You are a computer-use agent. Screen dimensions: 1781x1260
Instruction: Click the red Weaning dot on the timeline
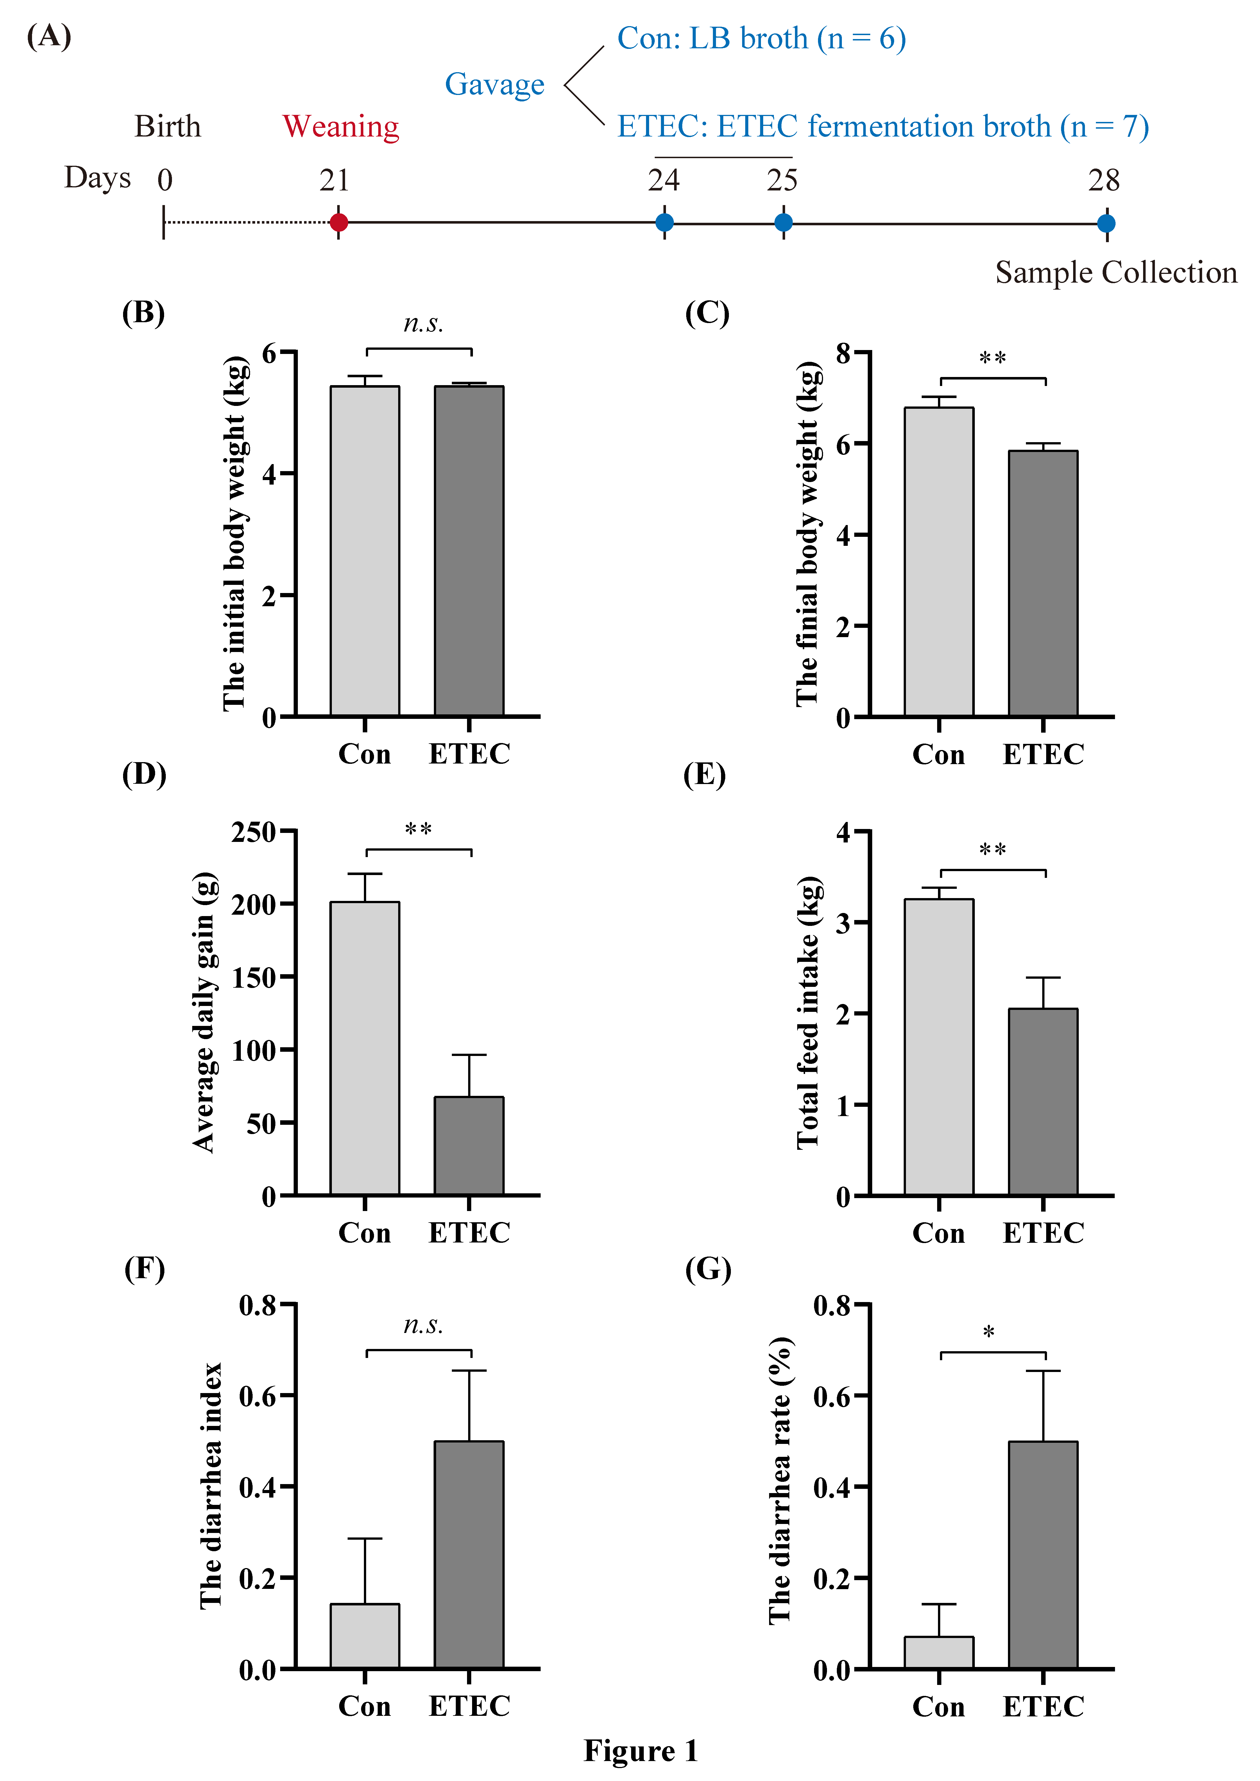tap(338, 222)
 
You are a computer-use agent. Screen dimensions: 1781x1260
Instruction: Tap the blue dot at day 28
tap(1106, 223)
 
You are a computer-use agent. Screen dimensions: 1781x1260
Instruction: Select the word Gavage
tap(494, 85)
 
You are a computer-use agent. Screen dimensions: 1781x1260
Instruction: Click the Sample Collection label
tap(1116, 273)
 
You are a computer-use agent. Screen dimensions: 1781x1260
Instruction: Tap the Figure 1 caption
tap(641, 1751)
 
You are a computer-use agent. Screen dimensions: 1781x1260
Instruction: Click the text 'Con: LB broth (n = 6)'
tap(761, 39)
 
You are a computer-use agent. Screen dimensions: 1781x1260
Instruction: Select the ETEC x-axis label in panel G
tap(1043, 1707)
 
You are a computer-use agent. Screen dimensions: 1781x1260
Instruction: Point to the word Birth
tap(167, 126)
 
